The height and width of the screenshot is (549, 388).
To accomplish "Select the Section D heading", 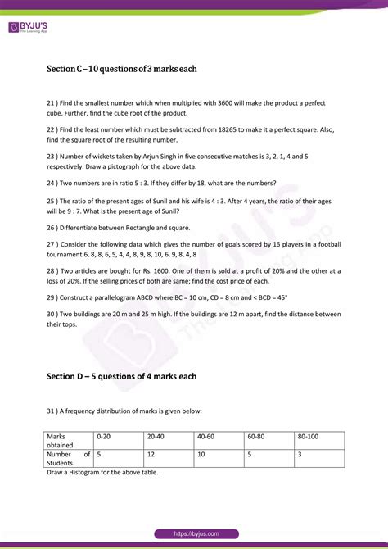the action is [x=122, y=376].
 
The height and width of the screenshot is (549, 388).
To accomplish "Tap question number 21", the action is [x=52, y=102].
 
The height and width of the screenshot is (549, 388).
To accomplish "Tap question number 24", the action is [x=52, y=182].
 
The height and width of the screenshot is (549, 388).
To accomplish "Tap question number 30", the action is [x=52, y=313].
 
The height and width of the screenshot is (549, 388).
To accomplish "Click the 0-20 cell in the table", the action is [x=105, y=438].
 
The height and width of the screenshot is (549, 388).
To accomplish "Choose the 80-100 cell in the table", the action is [x=310, y=438].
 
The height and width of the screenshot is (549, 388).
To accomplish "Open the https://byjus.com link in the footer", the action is [x=195, y=533].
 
